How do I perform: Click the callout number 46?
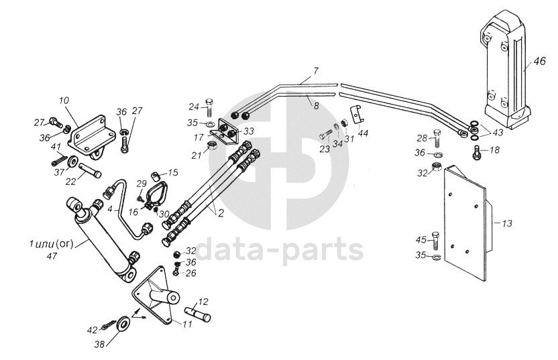coord(540,64)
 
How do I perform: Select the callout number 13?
coord(506,223)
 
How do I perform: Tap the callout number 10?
coord(64,101)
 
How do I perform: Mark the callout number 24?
coord(194,107)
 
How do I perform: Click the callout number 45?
coord(421,239)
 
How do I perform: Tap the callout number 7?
coord(316,70)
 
